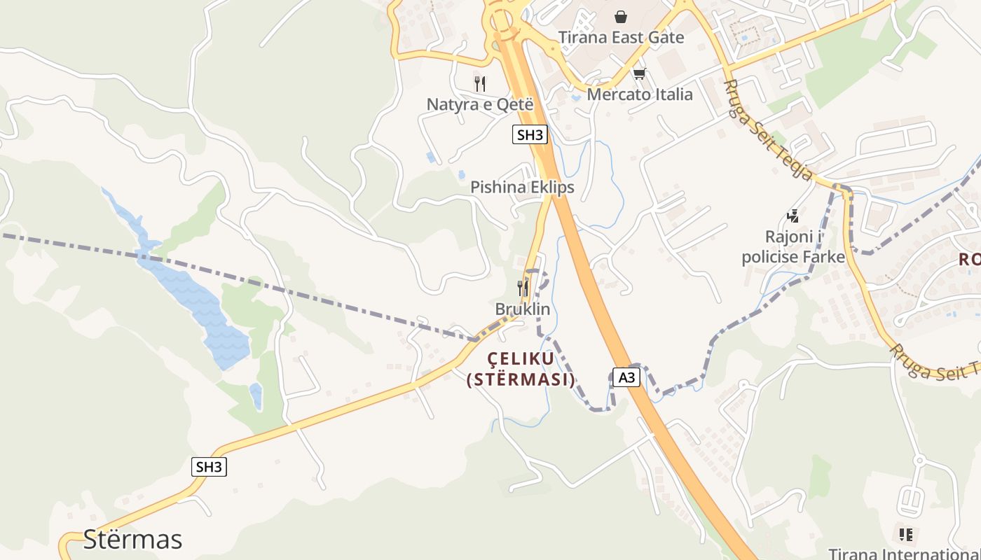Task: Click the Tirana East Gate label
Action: (x=620, y=37)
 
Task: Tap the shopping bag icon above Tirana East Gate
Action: (x=620, y=16)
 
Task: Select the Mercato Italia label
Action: (x=639, y=94)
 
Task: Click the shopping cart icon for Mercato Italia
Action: (x=639, y=73)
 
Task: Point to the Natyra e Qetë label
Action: (x=480, y=104)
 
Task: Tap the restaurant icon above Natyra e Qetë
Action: (x=480, y=84)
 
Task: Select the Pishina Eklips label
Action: (x=522, y=187)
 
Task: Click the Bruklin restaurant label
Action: (x=522, y=309)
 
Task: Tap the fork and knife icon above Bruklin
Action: (x=523, y=288)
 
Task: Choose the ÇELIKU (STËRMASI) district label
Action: (x=521, y=369)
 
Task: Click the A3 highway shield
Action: (x=626, y=377)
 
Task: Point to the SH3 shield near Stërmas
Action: (x=209, y=467)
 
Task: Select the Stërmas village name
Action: (x=132, y=539)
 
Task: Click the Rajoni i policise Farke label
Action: (x=793, y=246)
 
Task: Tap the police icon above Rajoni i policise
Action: (x=793, y=216)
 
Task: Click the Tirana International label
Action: (x=904, y=553)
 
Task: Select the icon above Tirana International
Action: (x=905, y=535)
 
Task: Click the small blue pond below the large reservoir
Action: (x=256, y=395)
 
